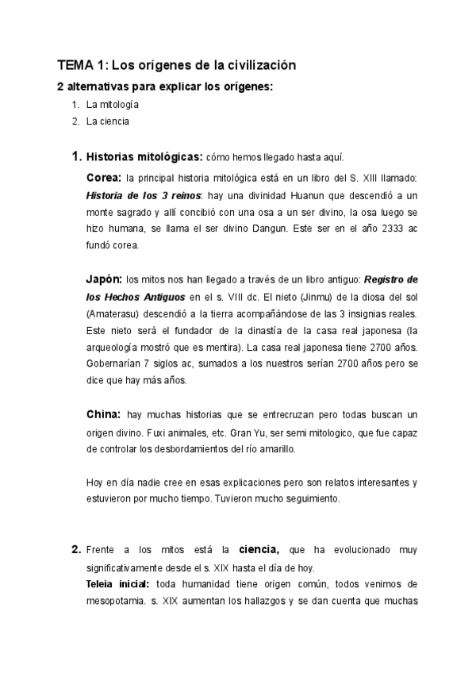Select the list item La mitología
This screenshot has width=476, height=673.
113,104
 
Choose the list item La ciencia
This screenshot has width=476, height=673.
108,121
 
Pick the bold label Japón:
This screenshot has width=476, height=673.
104,279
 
